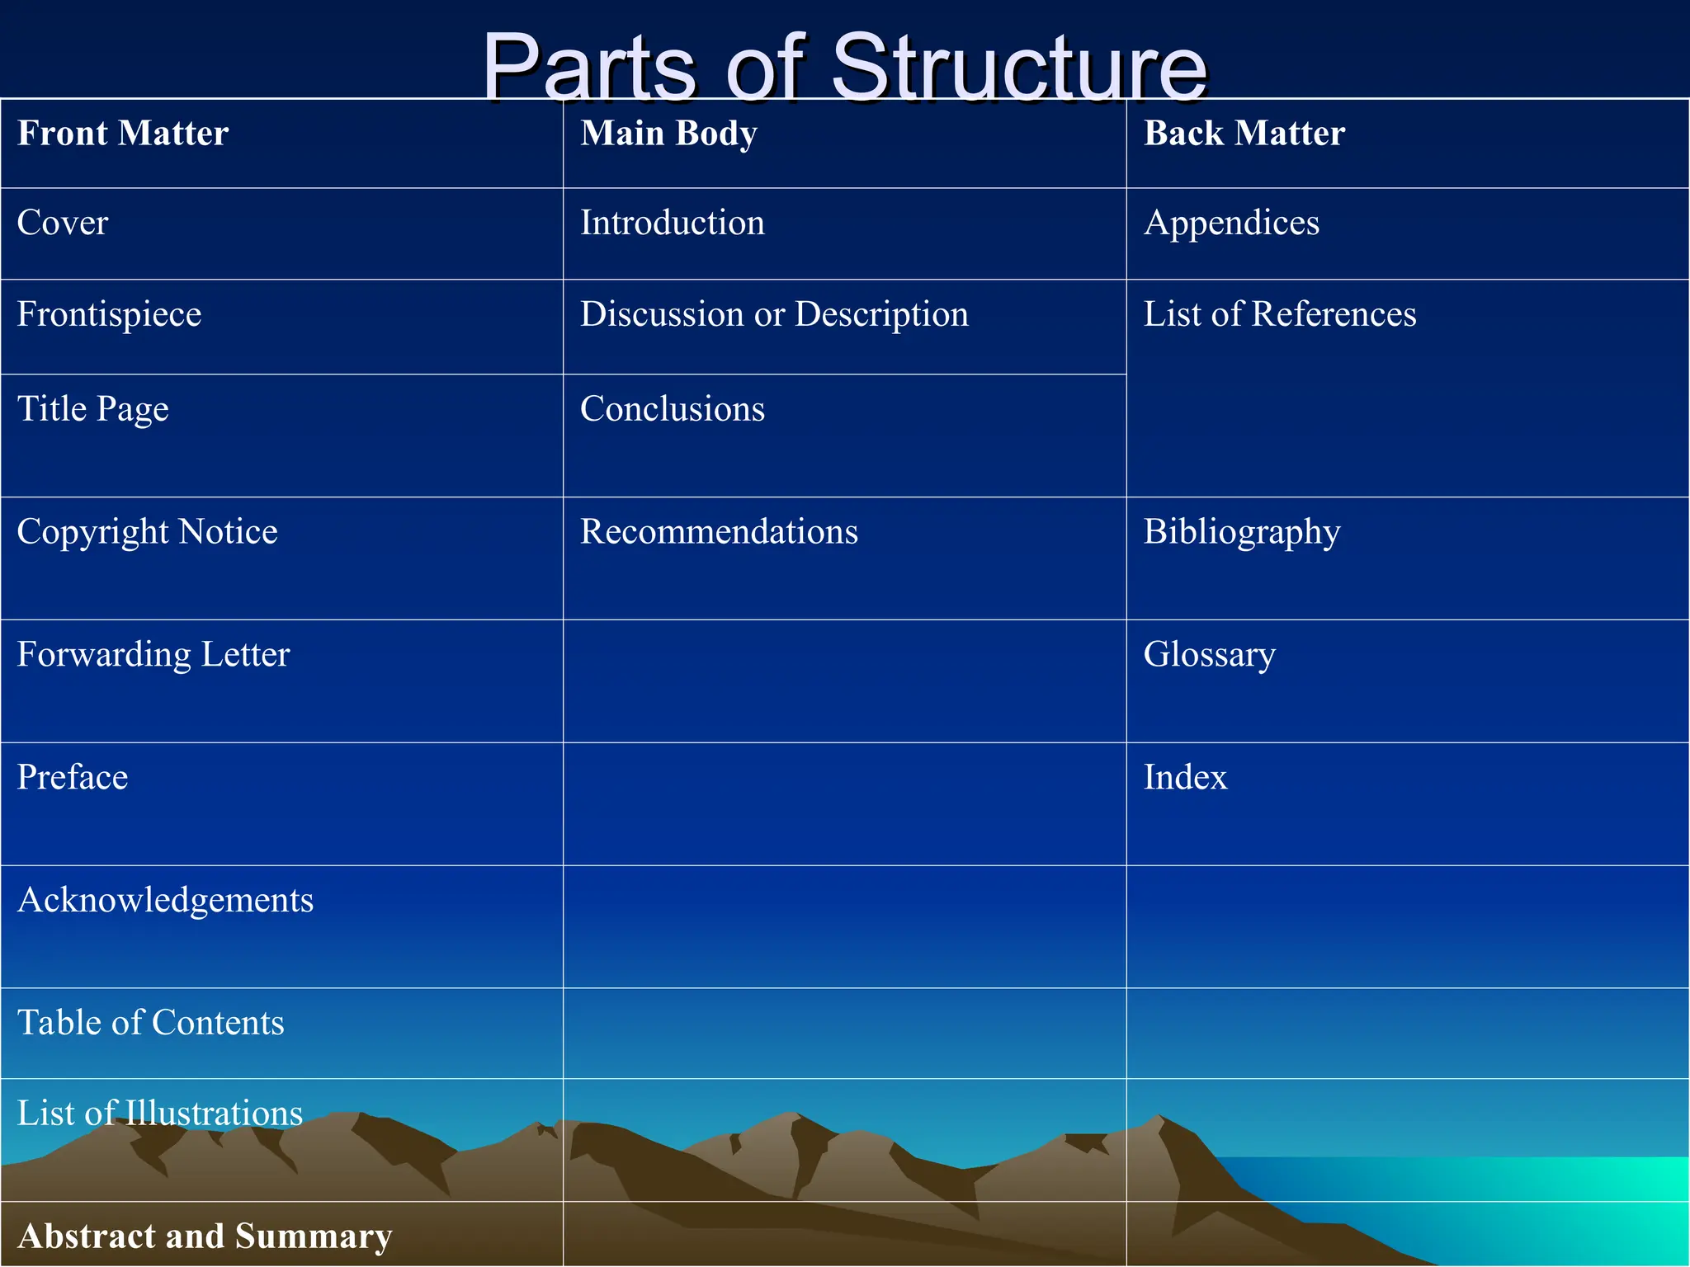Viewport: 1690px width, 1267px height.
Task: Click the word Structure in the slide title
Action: pyautogui.click(x=1018, y=68)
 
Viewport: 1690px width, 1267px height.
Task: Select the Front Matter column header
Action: pyautogui.click(x=123, y=134)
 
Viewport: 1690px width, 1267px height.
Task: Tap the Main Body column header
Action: pyautogui.click(x=668, y=134)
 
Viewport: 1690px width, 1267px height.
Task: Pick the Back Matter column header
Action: pyautogui.click(x=1244, y=134)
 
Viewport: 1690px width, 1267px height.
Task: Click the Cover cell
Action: pyautogui.click(x=63, y=223)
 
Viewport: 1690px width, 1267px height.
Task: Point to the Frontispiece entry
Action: pyautogui.click(x=109, y=314)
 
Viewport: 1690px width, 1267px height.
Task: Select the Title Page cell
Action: pyautogui.click(x=92, y=409)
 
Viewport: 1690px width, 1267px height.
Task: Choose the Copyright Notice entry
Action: pyautogui.click(x=147, y=532)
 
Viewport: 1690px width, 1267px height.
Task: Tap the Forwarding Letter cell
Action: pyautogui.click(x=153, y=655)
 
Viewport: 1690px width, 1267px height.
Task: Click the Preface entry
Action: pyautogui.click(x=73, y=777)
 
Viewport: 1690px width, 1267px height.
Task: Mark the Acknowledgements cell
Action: pyautogui.click(x=165, y=900)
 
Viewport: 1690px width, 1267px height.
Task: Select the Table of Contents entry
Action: pyautogui.click(x=150, y=1023)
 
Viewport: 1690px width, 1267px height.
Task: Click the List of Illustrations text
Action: pyautogui.click(x=160, y=1114)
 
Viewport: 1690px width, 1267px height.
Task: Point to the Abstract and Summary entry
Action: pyautogui.click(x=205, y=1236)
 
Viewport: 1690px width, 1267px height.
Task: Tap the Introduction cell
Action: pyautogui.click(x=672, y=223)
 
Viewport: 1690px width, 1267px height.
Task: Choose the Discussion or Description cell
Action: pyautogui.click(x=774, y=314)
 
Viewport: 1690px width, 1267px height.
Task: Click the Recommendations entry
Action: pyautogui.click(x=719, y=532)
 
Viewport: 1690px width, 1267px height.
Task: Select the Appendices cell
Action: pyautogui.click(x=1231, y=223)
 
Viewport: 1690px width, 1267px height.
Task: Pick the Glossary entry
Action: pyautogui.click(x=1209, y=655)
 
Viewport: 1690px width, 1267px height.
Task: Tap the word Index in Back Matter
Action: pyautogui.click(x=1185, y=777)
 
